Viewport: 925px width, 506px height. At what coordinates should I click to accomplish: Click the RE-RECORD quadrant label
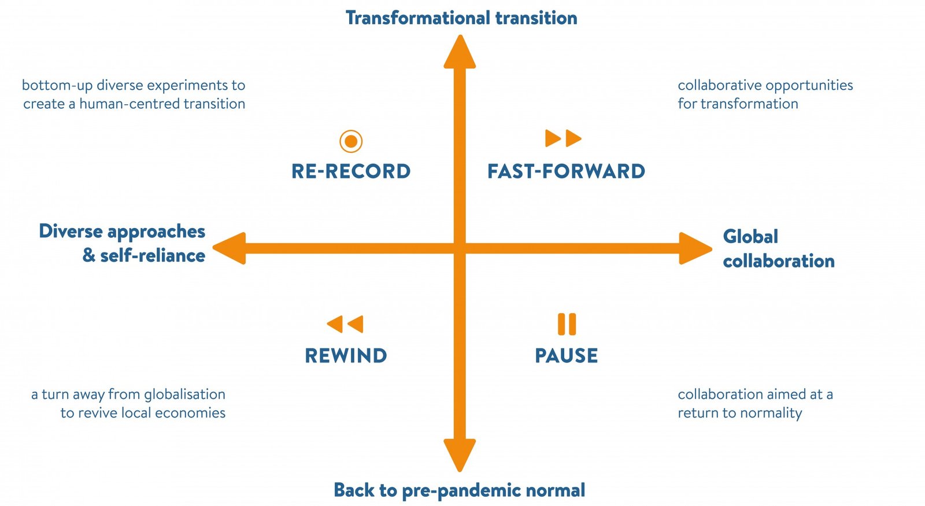point(351,171)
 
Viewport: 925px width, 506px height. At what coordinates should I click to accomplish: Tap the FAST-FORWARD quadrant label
point(566,171)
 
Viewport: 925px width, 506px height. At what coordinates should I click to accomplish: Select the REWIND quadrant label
point(346,355)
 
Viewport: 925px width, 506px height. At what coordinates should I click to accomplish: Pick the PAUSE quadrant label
point(566,355)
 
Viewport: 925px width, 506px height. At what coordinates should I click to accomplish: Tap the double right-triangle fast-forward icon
point(563,138)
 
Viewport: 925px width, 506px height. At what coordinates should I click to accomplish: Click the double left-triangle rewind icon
point(345,324)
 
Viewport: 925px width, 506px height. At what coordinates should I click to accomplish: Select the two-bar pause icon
point(567,324)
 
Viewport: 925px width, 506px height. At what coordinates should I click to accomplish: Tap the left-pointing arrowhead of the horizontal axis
point(229,248)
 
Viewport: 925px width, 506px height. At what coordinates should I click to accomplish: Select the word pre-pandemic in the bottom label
point(461,490)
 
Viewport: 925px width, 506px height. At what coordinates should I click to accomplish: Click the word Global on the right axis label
point(750,237)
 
